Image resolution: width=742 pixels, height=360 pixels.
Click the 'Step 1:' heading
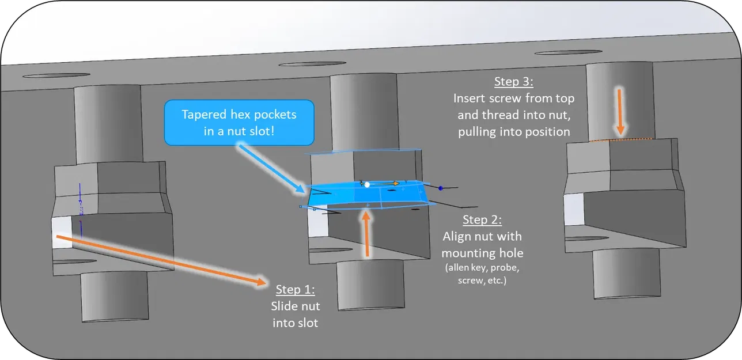(x=295, y=289)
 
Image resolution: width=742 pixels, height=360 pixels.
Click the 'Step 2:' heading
(x=482, y=220)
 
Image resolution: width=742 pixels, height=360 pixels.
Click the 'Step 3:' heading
(x=514, y=81)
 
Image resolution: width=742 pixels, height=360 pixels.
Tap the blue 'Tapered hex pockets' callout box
(x=239, y=122)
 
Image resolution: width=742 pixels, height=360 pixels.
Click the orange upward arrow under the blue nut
(x=367, y=233)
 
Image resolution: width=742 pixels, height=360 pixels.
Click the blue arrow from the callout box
(x=271, y=168)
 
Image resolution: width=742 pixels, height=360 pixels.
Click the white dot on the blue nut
(x=367, y=184)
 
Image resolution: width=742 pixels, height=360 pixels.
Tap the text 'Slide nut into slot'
(x=295, y=314)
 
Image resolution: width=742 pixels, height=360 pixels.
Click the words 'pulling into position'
(x=514, y=132)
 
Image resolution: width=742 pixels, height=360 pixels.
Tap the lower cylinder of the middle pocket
(x=369, y=285)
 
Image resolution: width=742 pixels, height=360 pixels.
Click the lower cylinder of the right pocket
(x=626, y=273)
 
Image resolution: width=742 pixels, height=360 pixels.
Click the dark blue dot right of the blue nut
(x=441, y=188)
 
